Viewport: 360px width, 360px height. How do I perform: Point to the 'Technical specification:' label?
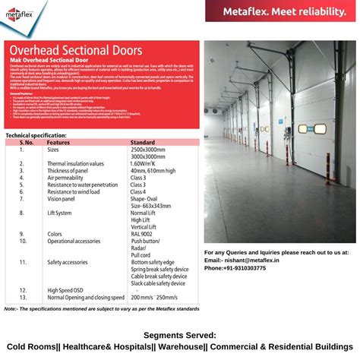click(36, 134)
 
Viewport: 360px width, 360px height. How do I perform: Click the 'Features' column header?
click(58, 142)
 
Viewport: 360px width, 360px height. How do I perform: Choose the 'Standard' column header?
click(143, 142)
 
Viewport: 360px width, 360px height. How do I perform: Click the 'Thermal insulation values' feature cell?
click(76, 163)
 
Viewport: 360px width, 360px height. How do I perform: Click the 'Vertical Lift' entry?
click(147, 226)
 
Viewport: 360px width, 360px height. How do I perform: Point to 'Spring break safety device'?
click(159, 269)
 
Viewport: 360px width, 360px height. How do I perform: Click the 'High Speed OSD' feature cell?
click(66, 290)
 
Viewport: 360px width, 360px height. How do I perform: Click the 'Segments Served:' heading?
click(180, 334)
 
